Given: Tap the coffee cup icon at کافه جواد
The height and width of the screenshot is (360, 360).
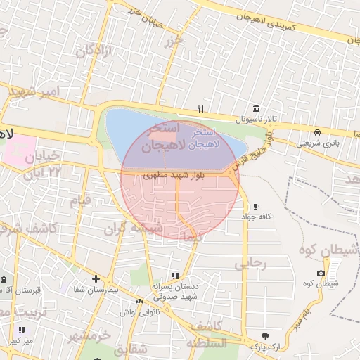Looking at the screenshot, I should pyautogui.click(x=256, y=206).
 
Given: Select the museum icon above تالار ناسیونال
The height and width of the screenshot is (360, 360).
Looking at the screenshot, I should pyautogui.click(x=255, y=110).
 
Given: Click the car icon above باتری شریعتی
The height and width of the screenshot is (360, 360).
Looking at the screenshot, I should pyautogui.click(x=318, y=132).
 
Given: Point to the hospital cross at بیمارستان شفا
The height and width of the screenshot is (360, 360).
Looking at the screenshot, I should pyautogui.click(x=96, y=278).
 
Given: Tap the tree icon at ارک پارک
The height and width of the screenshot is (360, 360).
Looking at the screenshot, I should pyautogui.click(x=264, y=336).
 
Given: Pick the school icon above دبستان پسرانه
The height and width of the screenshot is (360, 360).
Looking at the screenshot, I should pyautogui.click(x=175, y=276).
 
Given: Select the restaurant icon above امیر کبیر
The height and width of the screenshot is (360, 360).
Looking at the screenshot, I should pyautogui.click(x=22, y=330).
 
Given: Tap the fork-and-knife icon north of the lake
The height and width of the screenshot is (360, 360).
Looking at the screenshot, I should pyautogui.click(x=201, y=109).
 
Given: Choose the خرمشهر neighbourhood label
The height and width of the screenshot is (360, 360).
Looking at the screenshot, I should pyautogui.click(x=90, y=335).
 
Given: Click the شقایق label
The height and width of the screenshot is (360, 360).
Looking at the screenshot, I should pyautogui.click(x=131, y=349).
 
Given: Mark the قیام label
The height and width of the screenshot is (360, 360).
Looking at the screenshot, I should pyautogui.click(x=80, y=200).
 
